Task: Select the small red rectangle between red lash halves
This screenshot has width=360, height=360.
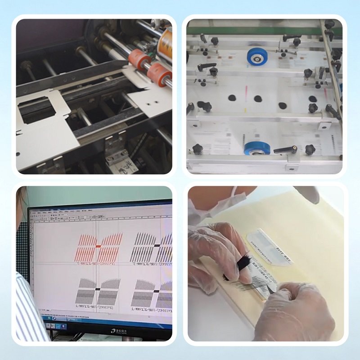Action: point(98,247)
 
